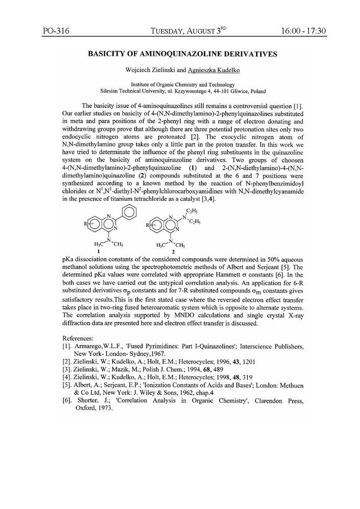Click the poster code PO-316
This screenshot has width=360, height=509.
click(56, 31)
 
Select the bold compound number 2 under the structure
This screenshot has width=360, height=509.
click(173, 251)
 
